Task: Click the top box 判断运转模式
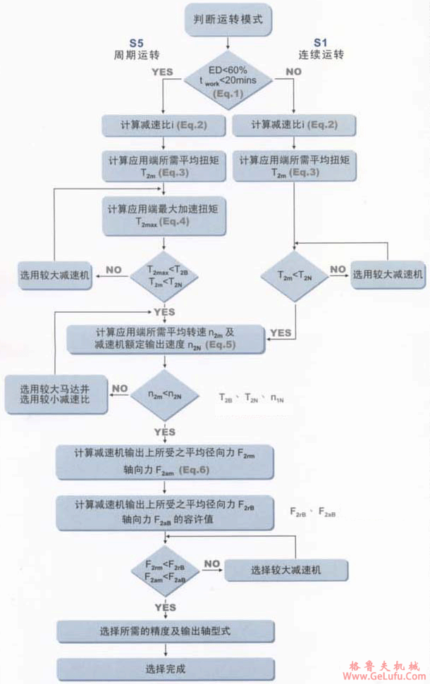point(228,19)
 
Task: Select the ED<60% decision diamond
point(228,80)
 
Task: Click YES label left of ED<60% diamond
point(161,72)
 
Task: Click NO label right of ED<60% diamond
point(293,72)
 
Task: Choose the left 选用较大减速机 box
point(55,276)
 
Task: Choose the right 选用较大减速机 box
point(388,275)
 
